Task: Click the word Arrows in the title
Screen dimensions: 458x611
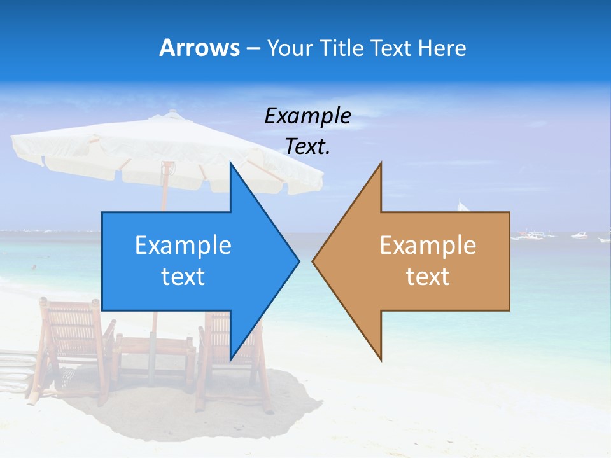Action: tap(199, 48)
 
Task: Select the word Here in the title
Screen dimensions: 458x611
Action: tap(442, 48)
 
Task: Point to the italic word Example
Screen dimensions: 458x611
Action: tap(307, 116)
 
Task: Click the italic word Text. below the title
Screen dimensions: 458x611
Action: tap(307, 147)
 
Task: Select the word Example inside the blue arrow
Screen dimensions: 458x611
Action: tap(183, 245)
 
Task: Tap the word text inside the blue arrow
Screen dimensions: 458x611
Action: tap(183, 276)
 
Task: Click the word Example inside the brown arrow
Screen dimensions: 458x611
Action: tap(428, 245)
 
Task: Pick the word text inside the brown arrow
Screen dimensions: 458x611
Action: tap(428, 276)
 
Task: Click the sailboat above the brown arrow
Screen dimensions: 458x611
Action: tap(463, 207)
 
